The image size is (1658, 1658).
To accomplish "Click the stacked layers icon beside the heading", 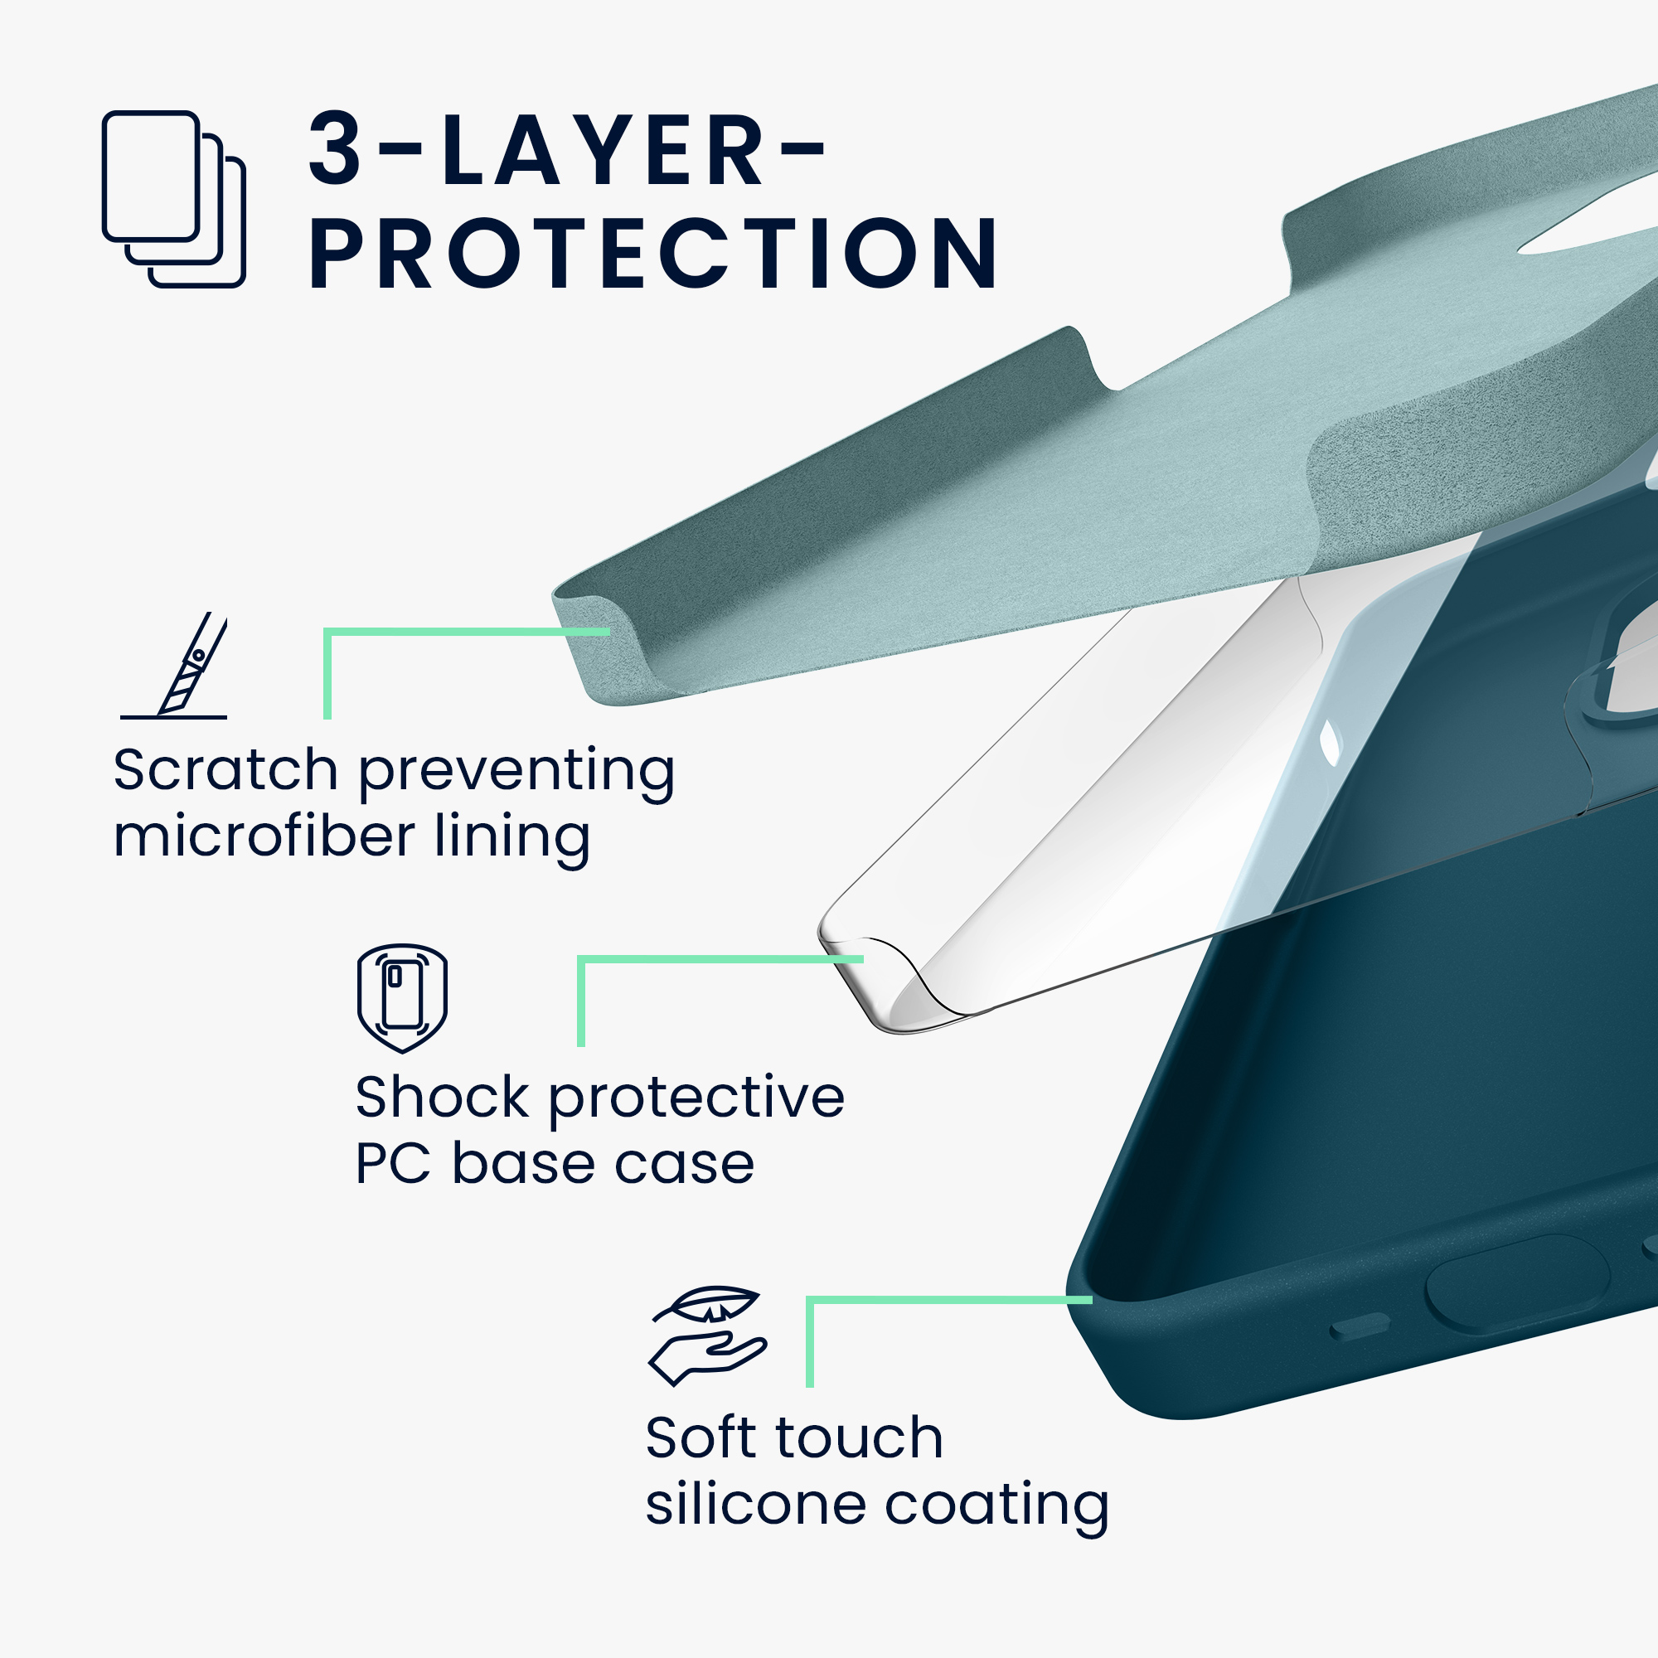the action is click(174, 199).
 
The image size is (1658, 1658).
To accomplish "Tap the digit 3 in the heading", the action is click(336, 148).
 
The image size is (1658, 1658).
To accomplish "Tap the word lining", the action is click(512, 836).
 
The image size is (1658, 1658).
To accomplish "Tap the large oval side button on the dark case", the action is click(1516, 1284).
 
